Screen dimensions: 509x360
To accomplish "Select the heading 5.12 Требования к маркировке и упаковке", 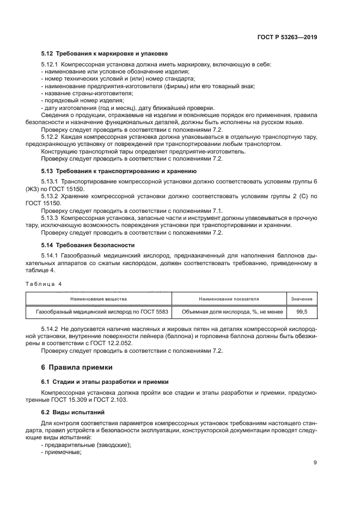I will coord(104,53).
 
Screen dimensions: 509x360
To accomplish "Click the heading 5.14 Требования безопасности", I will coord(88,245).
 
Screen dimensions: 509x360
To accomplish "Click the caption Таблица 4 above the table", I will coord(44,284).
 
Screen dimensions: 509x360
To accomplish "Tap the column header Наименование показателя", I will coord(229,299).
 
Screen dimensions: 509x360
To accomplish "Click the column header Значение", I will coord(301,299).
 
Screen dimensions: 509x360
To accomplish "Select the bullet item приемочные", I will coord(60,451).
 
